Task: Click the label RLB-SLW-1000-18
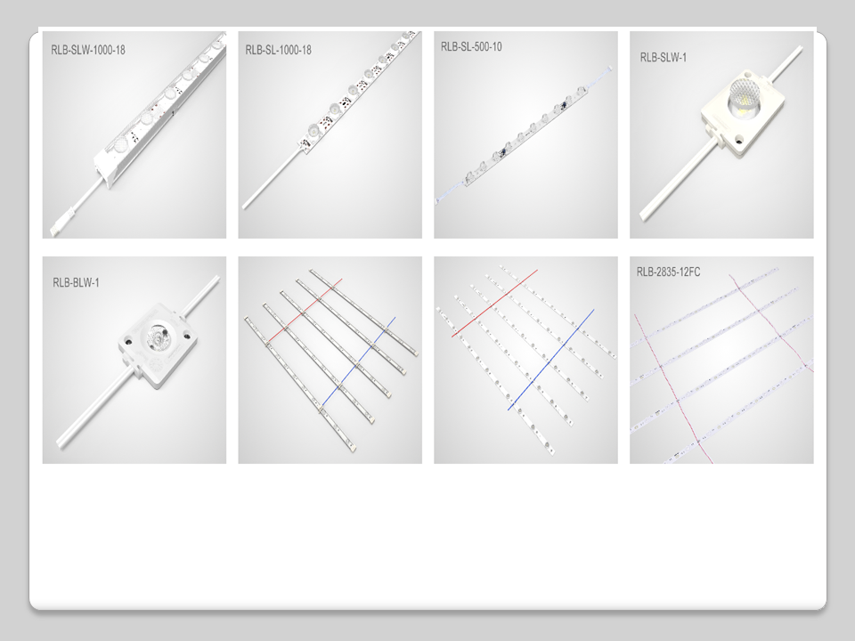pyautogui.click(x=88, y=50)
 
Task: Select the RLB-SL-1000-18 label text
pyautogui.click(x=278, y=50)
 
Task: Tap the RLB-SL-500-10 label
pyautogui.click(x=471, y=46)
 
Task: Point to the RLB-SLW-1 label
pyautogui.click(x=663, y=57)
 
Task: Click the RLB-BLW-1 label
pyautogui.click(x=76, y=282)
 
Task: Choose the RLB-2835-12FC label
pyautogui.click(x=668, y=272)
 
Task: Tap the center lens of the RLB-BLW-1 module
pyautogui.click(x=159, y=336)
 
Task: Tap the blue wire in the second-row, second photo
pyautogui.click(x=359, y=361)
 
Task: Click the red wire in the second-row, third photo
pyautogui.click(x=494, y=303)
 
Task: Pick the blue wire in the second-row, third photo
pyautogui.click(x=550, y=360)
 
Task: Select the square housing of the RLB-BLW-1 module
pyautogui.click(x=157, y=345)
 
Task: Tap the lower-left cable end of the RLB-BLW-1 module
pyautogui.click(x=62, y=442)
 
